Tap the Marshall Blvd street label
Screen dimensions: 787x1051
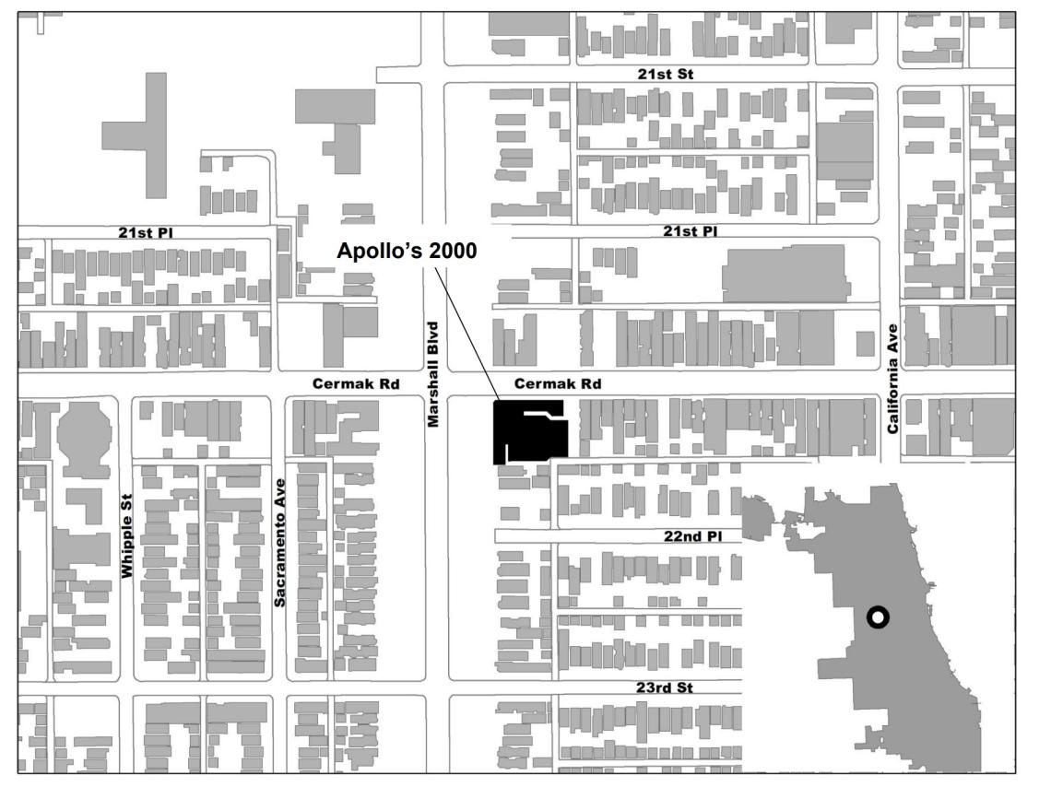coord(432,373)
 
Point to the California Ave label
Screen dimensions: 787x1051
coord(892,379)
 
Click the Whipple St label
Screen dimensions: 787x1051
coord(127,547)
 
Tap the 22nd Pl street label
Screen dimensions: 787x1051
coord(690,537)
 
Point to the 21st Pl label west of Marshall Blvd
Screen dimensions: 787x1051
coord(145,232)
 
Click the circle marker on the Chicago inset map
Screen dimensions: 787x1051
coord(878,617)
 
